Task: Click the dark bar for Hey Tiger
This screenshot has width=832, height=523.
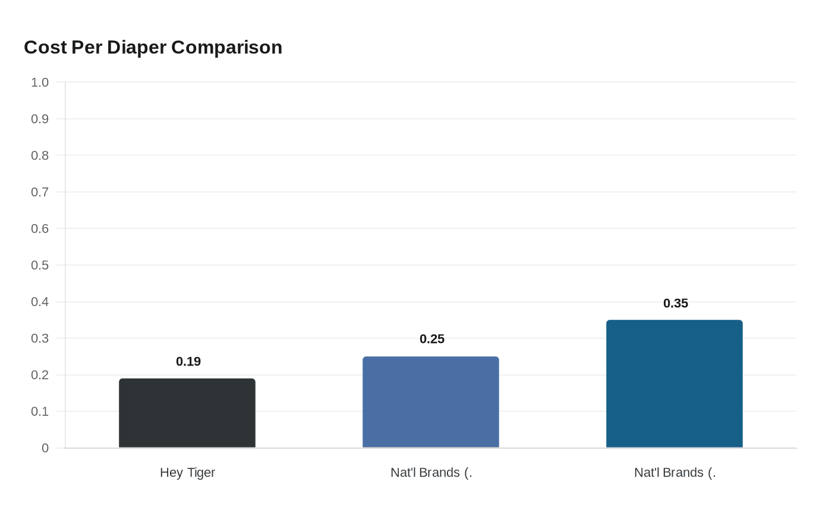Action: point(187,413)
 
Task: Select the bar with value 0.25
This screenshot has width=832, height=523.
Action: point(431,402)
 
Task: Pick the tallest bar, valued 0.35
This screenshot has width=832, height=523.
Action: point(675,384)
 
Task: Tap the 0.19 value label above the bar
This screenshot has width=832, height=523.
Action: point(188,361)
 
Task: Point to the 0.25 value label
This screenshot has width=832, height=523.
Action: point(432,339)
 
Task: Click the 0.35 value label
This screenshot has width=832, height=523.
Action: point(676,303)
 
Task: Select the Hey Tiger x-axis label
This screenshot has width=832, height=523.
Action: point(187,472)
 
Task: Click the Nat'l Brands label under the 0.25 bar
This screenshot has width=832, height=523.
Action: point(431,472)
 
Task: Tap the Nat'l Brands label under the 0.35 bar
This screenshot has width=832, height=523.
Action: point(675,472)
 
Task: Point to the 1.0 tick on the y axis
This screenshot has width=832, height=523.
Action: point(40,82)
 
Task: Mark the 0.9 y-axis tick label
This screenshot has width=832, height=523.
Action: point(40,119)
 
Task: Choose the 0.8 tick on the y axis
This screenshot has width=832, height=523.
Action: point(40,155)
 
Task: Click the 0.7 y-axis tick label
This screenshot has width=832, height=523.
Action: point(40,192)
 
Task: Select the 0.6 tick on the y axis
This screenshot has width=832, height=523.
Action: point(40,228)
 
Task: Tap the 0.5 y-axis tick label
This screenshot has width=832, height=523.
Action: point(40,265)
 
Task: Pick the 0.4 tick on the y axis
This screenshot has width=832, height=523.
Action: point(40,302)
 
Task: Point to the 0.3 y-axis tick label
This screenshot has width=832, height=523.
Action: point(40,338)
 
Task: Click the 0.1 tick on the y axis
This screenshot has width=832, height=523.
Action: point(40,411)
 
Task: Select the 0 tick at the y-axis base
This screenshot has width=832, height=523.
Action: point(45,448)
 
